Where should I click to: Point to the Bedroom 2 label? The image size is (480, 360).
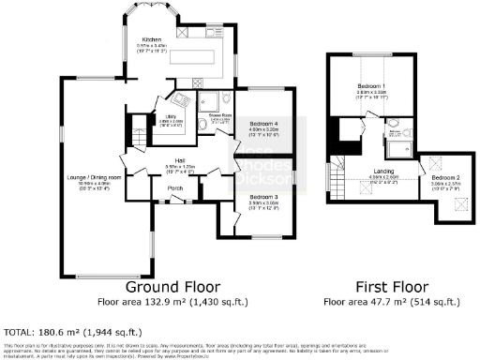tap(445, 178)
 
